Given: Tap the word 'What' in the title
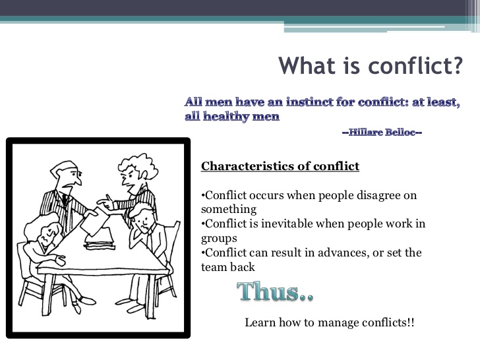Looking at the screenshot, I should (x=305, y=67).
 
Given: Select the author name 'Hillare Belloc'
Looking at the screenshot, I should (x=382, y=133).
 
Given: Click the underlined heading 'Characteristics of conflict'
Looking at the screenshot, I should (x=280, y=166).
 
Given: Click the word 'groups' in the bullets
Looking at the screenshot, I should (x=219, y=238).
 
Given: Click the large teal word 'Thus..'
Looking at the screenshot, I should (x=274, y=291).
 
